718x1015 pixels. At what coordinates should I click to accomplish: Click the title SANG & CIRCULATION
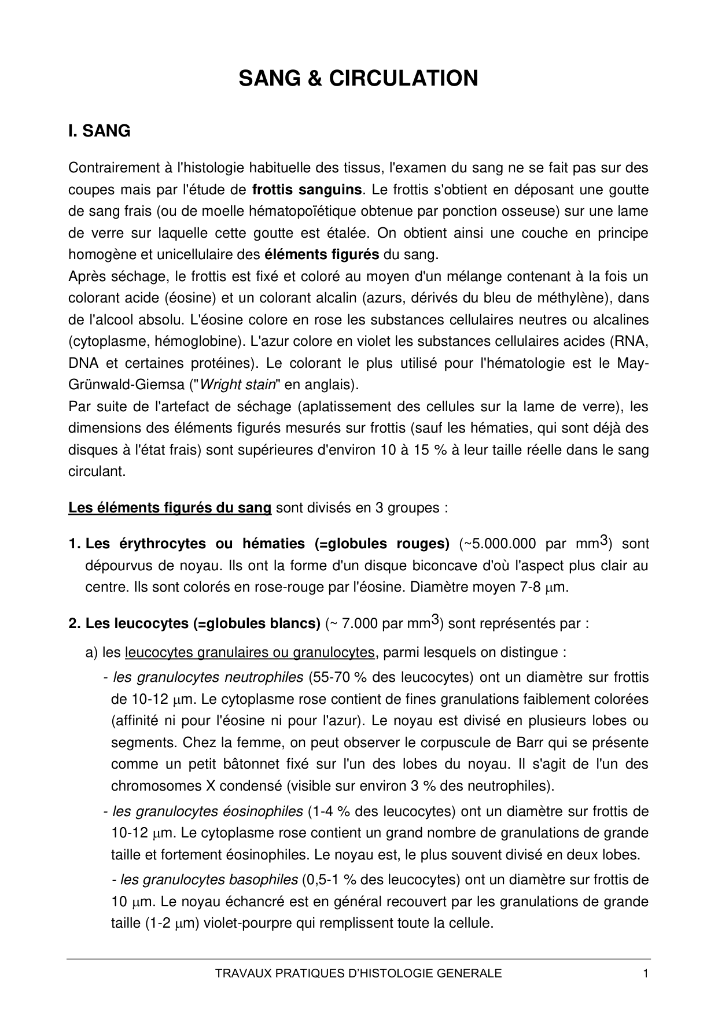point(358,78)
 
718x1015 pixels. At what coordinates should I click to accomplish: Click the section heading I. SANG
point(99,131)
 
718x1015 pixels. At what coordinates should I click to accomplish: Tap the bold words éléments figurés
point(322,254)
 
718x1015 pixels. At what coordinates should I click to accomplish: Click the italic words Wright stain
point(237,385)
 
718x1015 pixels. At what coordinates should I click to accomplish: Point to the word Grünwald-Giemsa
point(130,385)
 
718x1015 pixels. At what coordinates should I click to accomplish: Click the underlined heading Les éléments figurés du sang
point(170,508)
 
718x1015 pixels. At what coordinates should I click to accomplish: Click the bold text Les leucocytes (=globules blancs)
point(202,624)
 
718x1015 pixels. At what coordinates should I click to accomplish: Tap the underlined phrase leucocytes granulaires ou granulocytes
point(250,653)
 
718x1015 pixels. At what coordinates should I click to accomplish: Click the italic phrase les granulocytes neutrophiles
point(208,677)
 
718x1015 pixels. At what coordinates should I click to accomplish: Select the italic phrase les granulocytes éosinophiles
point(208,811)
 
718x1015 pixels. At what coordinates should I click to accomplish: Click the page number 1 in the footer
point(645,973)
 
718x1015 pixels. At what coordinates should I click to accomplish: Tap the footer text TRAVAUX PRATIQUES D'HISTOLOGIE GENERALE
point(358,973)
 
